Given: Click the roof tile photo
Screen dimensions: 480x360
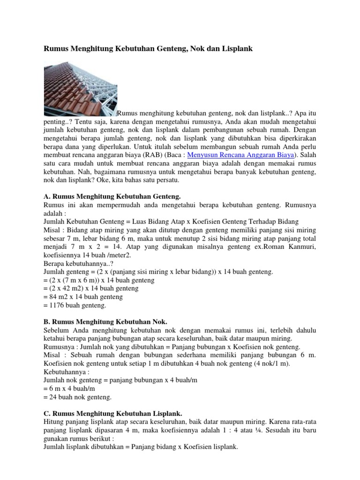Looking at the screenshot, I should click(x=80, y=88).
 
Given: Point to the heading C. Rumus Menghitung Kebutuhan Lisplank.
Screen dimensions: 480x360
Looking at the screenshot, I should click(x=113, y=414).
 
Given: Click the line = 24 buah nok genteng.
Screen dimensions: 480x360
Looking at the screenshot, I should click(x=77, y=397).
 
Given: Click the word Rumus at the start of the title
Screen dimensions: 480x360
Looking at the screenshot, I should click(x=55, y=48).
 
